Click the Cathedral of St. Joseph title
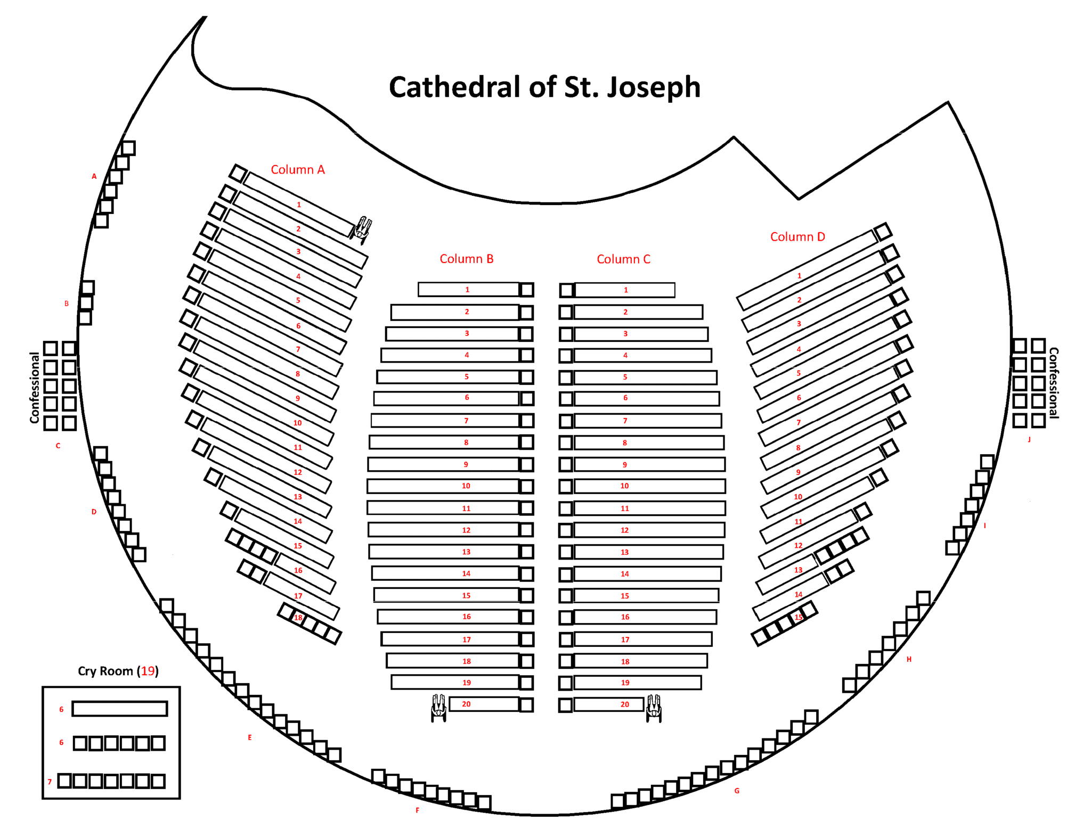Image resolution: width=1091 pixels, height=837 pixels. pyautogui.click(x=544, y=87)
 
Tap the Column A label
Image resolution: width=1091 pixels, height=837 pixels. pyautogui.click(x=298, y=170)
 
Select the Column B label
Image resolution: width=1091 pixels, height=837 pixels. pyautogui.click(x=466, y=259)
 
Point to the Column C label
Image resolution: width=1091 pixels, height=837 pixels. pyautogui.click(x=623, y=259)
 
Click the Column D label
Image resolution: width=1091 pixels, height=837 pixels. pyautogui.click(x=797, y=237)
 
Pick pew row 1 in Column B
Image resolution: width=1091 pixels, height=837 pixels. pyautogui.click(x=468, y=290)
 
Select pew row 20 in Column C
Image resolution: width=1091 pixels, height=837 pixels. pyautogui.click(x=608, y=704)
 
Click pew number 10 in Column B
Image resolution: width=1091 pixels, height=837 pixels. pyautogui.click(x=466, y=486)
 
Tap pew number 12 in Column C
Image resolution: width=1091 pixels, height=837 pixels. pyautogui.click(x=625, y=530)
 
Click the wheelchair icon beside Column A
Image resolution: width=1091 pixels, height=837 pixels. pyautogui.click(x=362, y=229)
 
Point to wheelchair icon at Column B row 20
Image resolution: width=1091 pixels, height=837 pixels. pyautogui.click(x=438, y=708)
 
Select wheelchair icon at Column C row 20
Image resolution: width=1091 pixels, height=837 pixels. pyautogui.click(x=654, y=708)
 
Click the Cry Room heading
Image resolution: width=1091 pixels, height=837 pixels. pyautogui.click(x=118, y=671)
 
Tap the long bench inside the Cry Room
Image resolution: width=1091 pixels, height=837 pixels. pyautogui.click(x=120, y=709)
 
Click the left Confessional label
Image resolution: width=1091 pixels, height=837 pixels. pyautogui.click(x=35, y=388)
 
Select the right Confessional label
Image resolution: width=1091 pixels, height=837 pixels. pyautogui.click(x=1053, y=383)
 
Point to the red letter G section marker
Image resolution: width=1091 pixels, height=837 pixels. pyautogui.click(x=737, y=791)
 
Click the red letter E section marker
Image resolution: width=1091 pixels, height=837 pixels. pyautogui.click(x=249, y=737)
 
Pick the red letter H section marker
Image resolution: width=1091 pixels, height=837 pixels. pyautogui.click(x=909, y=659)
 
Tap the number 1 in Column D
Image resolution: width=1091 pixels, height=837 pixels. pyautogui.click(x=799, y=276)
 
